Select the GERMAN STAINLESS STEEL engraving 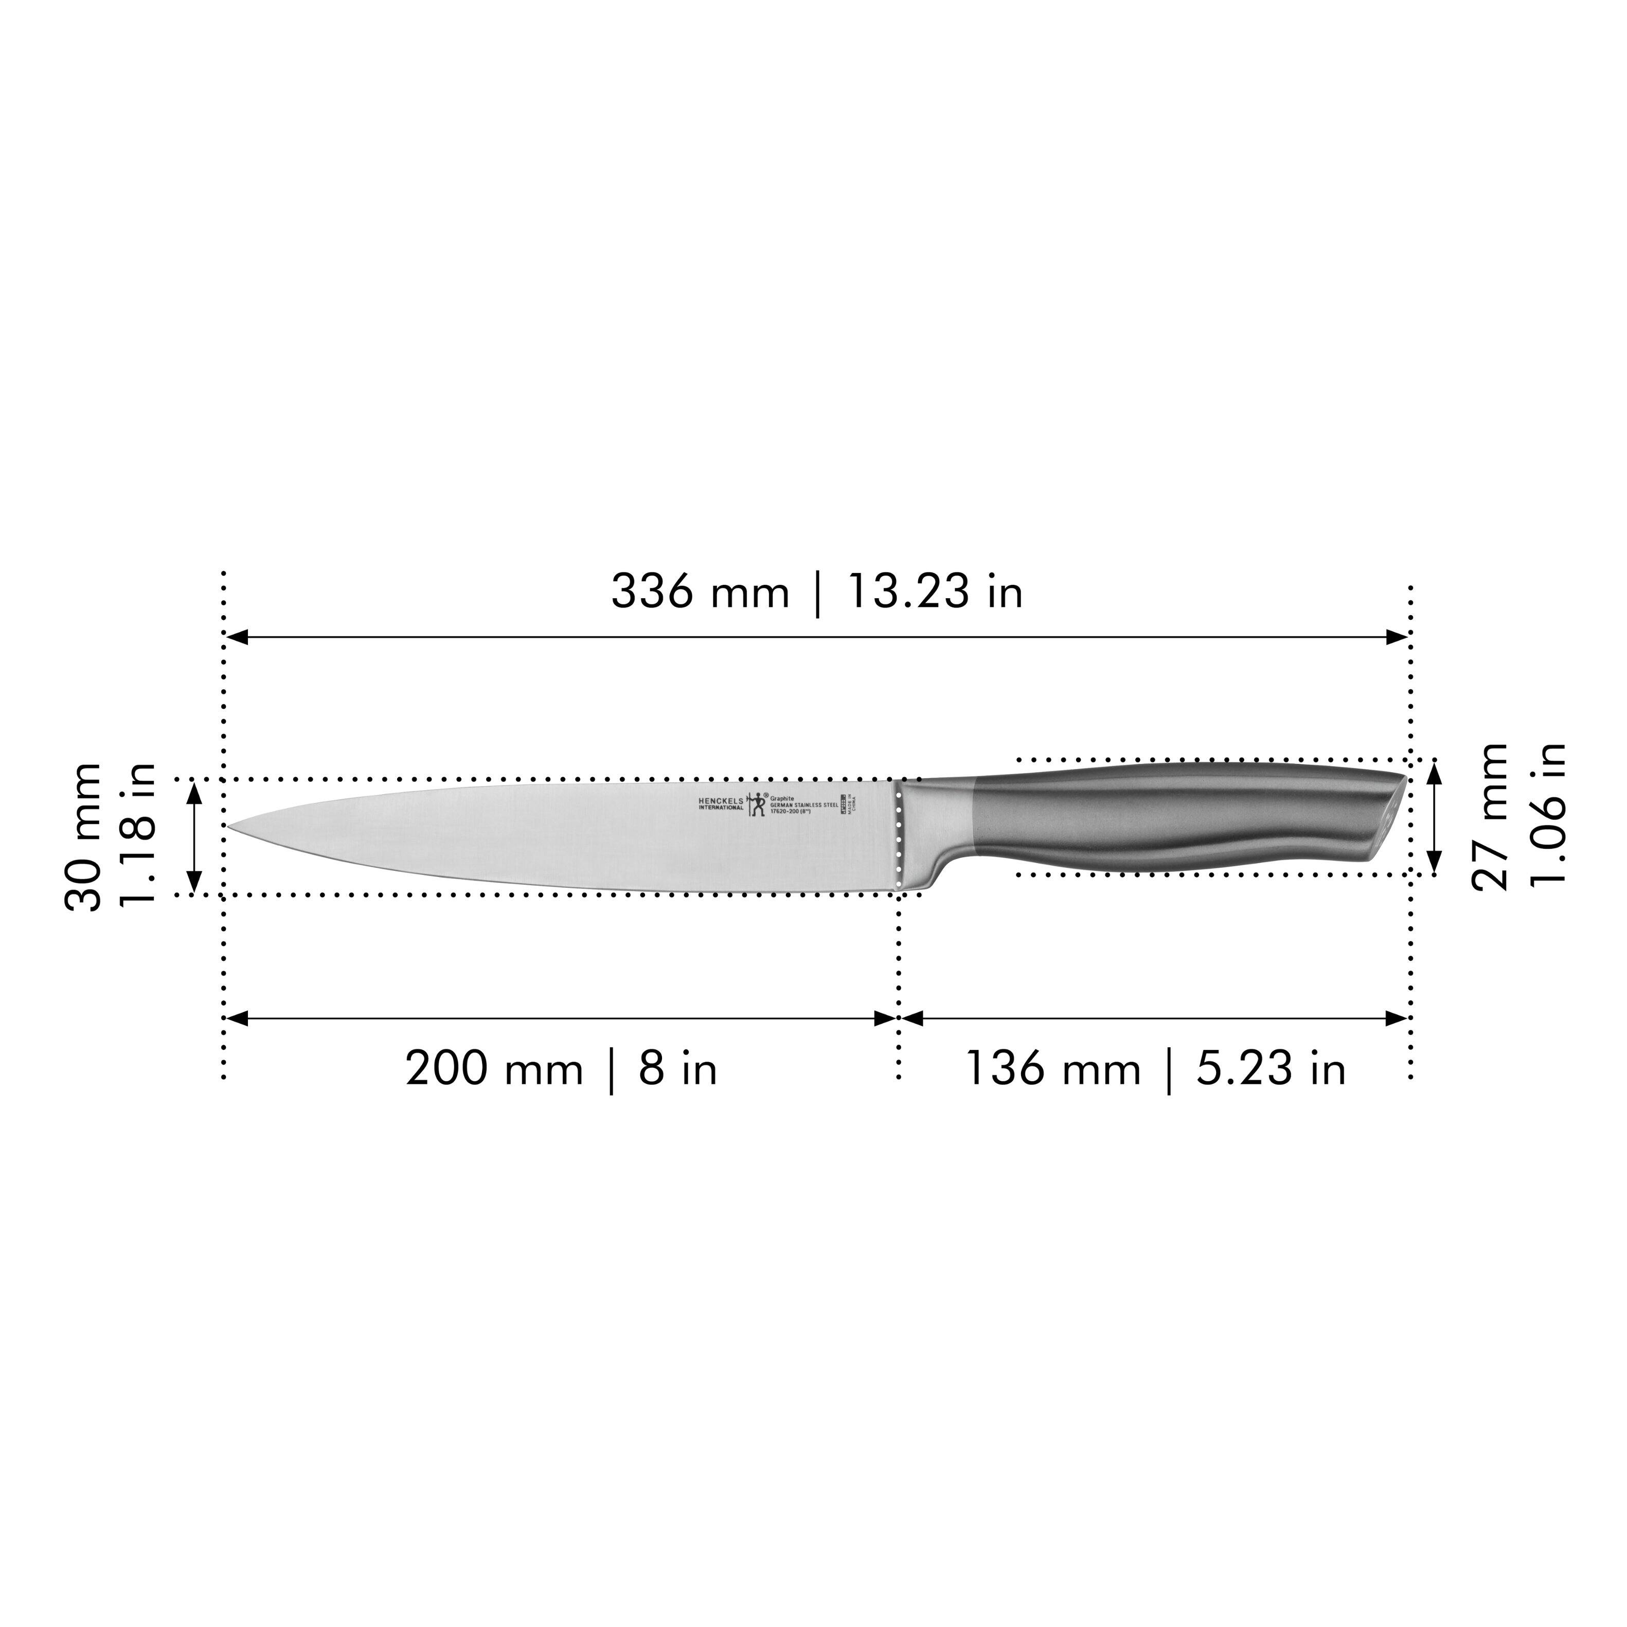(803, 805)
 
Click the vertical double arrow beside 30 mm (194, 836)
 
